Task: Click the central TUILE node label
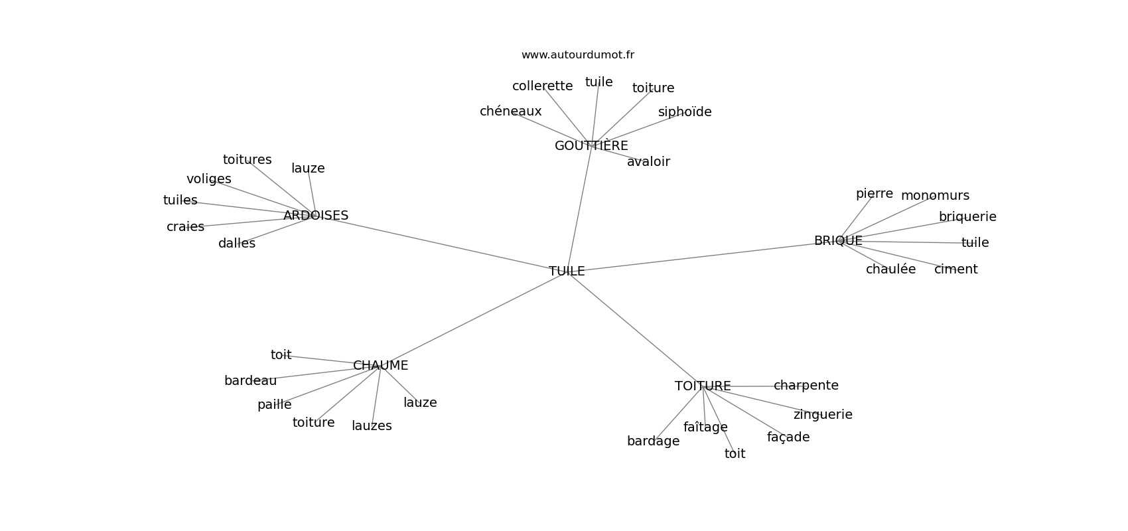[567, 271]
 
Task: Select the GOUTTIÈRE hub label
[591, 146]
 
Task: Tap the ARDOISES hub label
[316, 216]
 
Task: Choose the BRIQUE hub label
[838, 241]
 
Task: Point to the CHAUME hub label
[380, 366]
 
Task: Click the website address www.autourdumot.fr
[577, 55]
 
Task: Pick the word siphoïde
[685, 112]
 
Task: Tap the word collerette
[542, 86]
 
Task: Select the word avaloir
[648, 162]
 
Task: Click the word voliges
[209, 179]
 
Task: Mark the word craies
[185, 227]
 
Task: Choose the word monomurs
[935, 196]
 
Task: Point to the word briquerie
[967, 217]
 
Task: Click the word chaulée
[890, 269]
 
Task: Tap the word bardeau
[250, 381]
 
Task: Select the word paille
[274, 405]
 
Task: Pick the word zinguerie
[823, 415]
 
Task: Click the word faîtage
[705, 427]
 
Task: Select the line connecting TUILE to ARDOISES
[438, 243]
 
